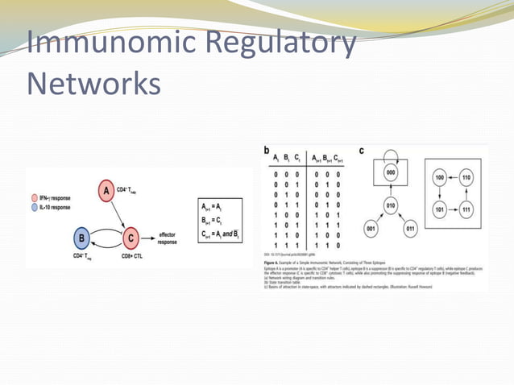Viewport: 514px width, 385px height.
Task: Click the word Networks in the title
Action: pos(93,83)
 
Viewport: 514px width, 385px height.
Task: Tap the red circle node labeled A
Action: pos(106,191)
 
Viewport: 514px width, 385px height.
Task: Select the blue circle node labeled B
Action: pos(81,237)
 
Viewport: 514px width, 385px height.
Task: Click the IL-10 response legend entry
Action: pos(52,207)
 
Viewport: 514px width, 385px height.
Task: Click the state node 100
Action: pos(441,176)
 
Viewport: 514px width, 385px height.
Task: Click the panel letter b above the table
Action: pos(267,151)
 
